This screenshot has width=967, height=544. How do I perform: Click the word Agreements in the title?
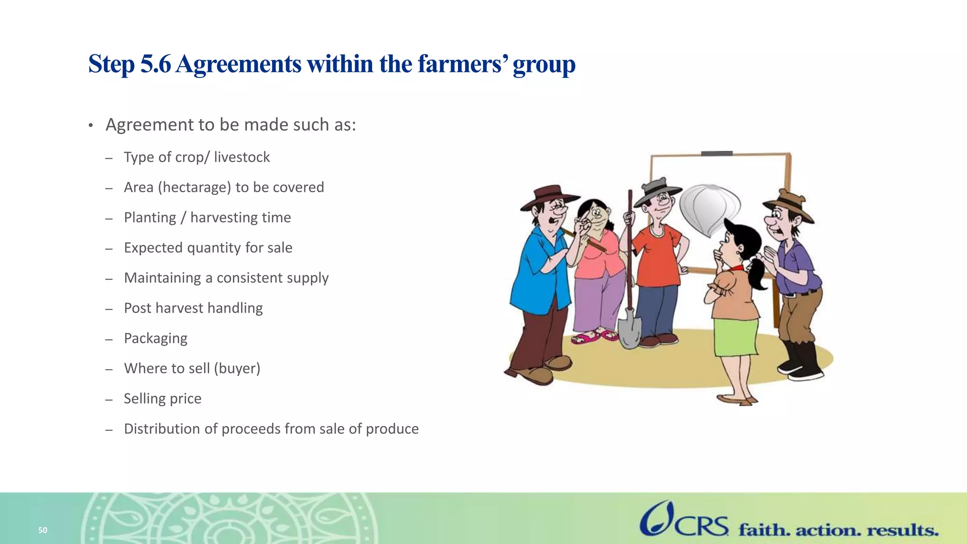tap(238, 64)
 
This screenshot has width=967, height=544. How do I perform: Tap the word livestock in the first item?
tap(242, 157)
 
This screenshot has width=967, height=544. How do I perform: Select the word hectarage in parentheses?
tap(194, 187)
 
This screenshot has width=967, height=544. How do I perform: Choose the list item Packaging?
tap(155, 338)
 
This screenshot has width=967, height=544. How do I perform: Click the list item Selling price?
tap(162, 399)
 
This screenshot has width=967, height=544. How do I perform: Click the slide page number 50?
tap(42, 530)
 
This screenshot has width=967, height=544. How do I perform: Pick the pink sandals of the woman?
tap(594, 336)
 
